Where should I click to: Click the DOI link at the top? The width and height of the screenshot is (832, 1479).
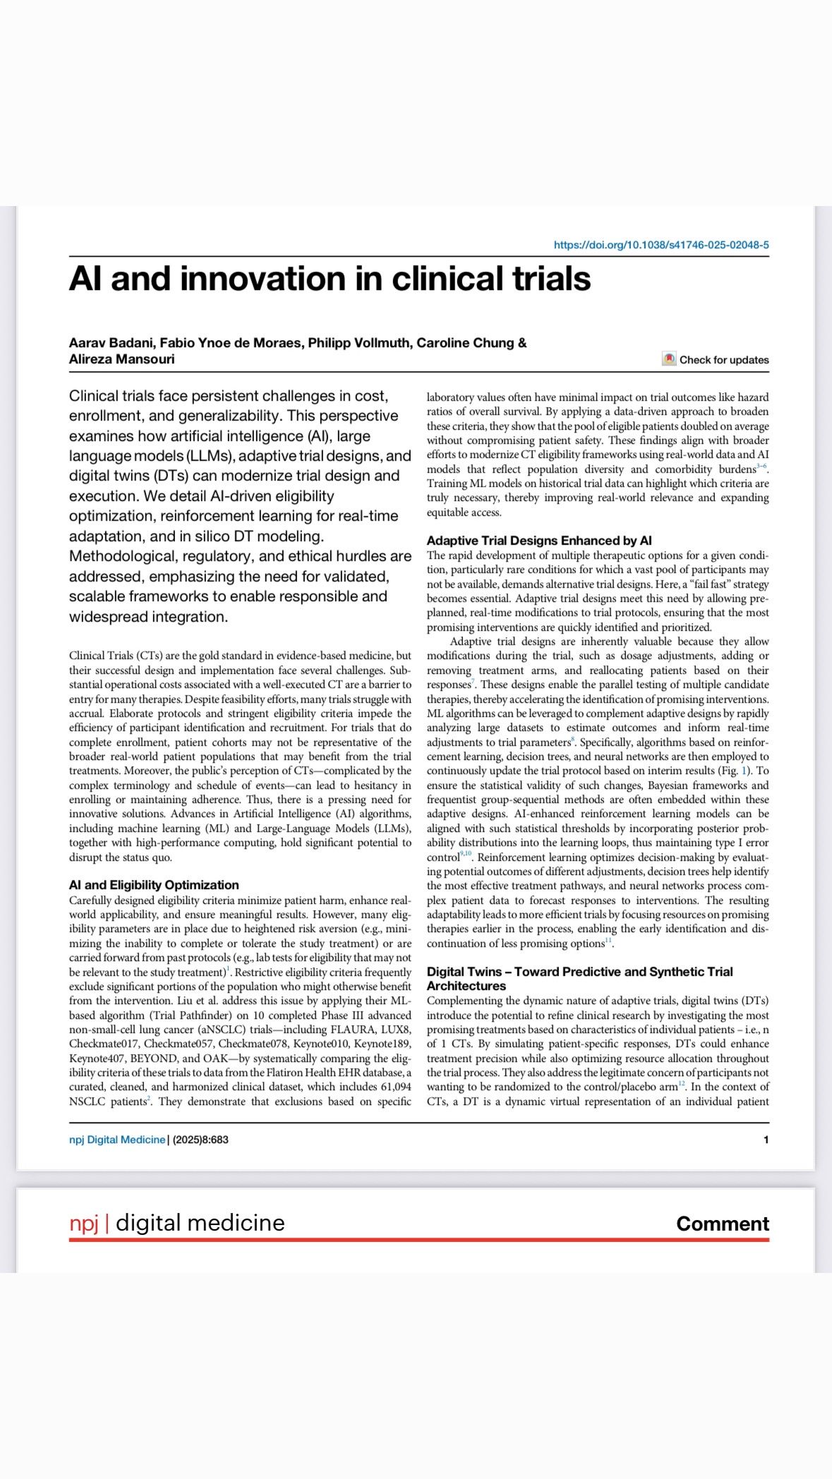[x=661, y=245]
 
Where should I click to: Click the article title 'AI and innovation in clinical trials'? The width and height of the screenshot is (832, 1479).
[x=330, y=279]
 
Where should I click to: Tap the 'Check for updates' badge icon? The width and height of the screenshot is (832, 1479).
[x=669, y=359]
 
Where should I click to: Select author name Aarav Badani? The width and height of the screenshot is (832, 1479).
[x=111, y=343]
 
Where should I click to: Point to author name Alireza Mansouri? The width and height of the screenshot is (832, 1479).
[x=121, y=359]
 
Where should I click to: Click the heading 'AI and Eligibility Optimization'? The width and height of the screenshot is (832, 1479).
[x=154, y=885]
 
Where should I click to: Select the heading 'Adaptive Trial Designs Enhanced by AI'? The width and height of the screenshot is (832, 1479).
[x=539, y=541]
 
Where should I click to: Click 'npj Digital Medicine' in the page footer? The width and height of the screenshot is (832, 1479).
[x=117, y=1140]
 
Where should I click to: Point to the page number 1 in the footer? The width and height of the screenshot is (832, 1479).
[x=766, y=1140]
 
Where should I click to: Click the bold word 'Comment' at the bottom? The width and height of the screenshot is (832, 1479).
[x=722, y=1224]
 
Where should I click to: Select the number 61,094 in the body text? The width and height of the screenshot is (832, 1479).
[x=394, y=1087]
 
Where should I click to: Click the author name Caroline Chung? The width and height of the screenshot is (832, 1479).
[x=465, y=343]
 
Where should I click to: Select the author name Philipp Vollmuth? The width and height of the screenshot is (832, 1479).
[x=359, y=343]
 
